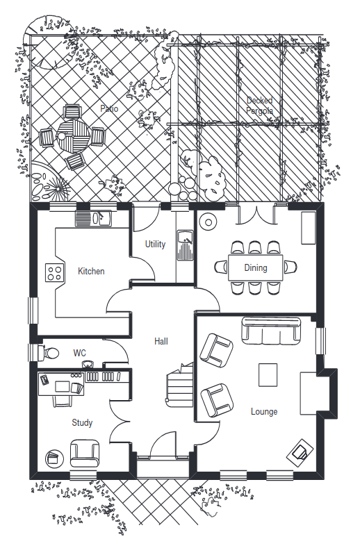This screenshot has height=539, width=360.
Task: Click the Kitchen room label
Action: [x=91, y=271]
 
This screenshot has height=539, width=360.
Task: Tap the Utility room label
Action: [x=155, y=244]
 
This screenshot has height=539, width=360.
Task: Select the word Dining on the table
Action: [x=256, y=268]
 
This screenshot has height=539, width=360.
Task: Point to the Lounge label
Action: [x=264, y=411]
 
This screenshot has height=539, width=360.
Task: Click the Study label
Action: [x=82, y=422]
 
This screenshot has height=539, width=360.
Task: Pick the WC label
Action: [x=79, y=353]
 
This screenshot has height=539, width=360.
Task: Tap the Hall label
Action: [x=161, y=341]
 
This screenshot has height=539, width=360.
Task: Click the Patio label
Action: [x=109, y=108]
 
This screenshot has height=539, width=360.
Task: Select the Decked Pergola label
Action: [x=260, y=106]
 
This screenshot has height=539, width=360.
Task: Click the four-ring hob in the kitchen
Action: [x=55, y=273]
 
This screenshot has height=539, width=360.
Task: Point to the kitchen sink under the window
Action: [x=94, y=219]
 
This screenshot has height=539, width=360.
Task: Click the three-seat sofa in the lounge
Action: [x=271, y=331]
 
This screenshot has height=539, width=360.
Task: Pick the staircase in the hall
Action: [x=180, y=385]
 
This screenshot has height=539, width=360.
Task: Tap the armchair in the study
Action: [x=85, y=453]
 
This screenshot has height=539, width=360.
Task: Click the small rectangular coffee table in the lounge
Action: [x=268, y=375]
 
